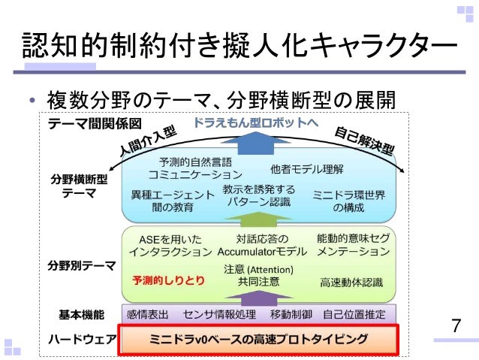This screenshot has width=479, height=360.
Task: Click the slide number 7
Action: pyautogui.click(x=456, y=327)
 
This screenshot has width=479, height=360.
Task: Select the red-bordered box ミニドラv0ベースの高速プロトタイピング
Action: pyautogui.click(x=255, y=339)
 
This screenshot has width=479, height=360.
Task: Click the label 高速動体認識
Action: pyautogui.click(x=351, y=282)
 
